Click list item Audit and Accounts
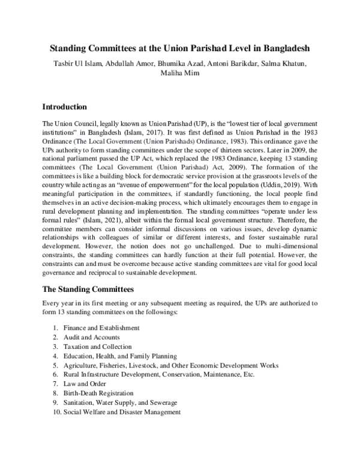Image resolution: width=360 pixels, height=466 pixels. (89, 337)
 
